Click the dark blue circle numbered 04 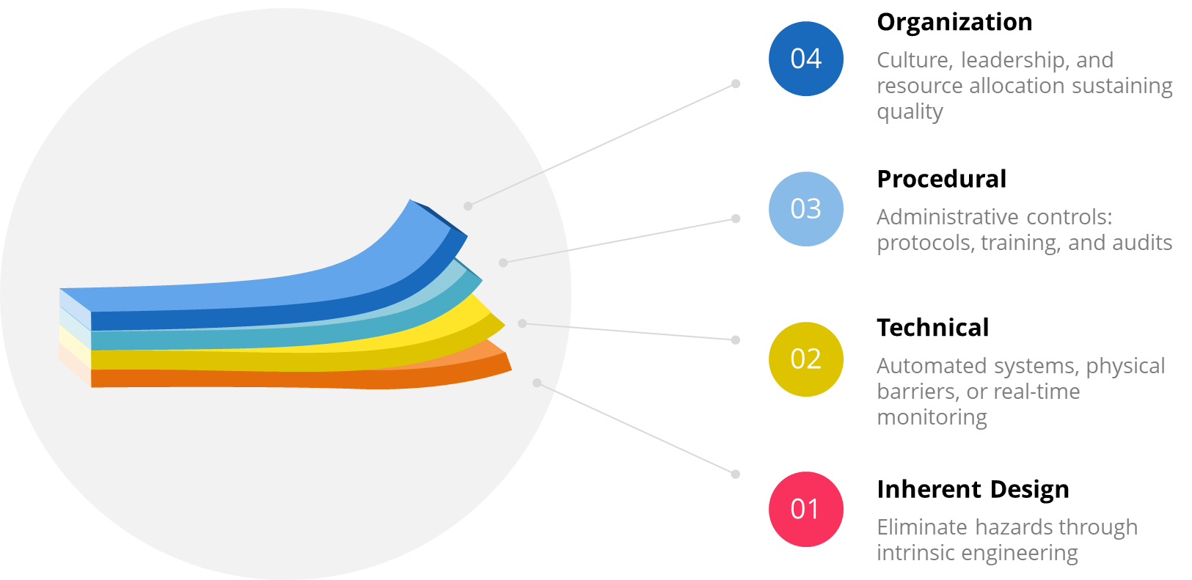pos(805,59)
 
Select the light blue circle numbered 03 pos(805,209)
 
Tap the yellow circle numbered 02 pos(805,359)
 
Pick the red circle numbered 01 pos(805,509)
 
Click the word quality pos(910,112)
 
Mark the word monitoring pos(932,417)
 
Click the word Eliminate pos(923,527)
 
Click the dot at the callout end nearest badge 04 pos(736,84)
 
